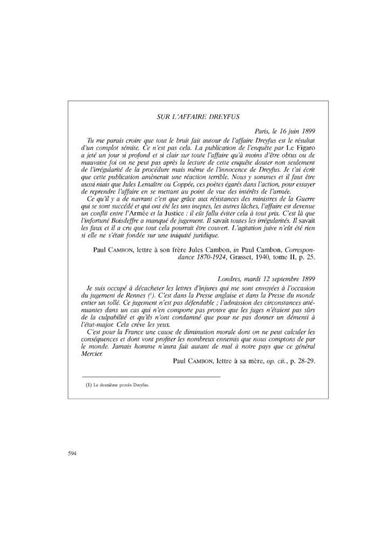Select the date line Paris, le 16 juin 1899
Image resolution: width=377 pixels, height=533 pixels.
[284, 131]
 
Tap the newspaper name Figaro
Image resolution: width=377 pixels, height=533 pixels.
[304, 147]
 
